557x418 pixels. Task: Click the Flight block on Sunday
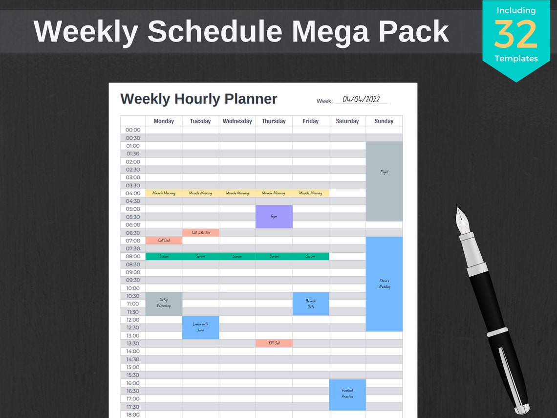[384, 181]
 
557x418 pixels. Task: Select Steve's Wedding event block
[384, 284]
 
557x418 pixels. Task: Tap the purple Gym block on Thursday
[274, 216]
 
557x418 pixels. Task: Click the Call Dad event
[164, 241]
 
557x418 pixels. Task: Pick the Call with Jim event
[200, 233]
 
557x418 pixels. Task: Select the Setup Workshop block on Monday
[164, 303]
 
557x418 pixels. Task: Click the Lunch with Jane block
[200, 327]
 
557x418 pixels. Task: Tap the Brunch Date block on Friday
[311, 304]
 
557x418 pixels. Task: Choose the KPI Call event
[274, 343]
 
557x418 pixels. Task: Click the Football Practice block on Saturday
[347, 394]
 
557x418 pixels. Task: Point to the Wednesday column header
[237, 121]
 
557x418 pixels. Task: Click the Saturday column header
[347, 121]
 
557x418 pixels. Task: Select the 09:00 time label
[133, 272]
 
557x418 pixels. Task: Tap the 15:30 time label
[133, 375]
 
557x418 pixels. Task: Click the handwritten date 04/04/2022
[361, 99]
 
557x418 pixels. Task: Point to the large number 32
[515, 34]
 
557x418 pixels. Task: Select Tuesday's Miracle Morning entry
[200, 193]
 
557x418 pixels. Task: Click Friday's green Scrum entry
[311, 256]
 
